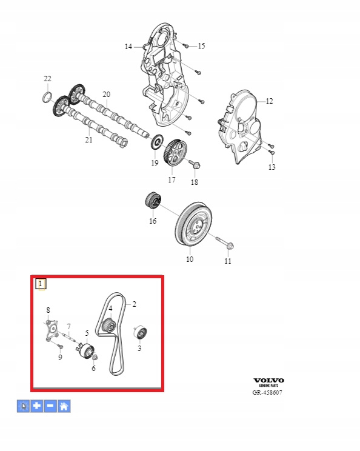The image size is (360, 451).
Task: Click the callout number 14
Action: pos(128,46)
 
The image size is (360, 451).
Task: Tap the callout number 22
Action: pos(47,79)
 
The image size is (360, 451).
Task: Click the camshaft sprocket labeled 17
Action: pos(175,152)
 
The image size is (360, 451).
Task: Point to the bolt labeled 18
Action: pos(195,164)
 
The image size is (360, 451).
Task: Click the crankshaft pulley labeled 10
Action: pos(194,224)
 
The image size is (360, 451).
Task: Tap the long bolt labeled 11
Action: pos(224,242)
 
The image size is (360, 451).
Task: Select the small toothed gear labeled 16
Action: pos(153,201)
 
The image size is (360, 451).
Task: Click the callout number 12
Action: pos(269,101)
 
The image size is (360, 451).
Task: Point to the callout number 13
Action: pos(272,167)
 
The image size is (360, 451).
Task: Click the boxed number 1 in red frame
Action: pos(41,284)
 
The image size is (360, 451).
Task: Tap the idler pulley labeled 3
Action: pos(141,333)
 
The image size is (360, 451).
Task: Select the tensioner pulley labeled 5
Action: pos(86,350)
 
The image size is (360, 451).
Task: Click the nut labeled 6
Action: pos(95,358)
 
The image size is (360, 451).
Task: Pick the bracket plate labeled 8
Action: pos(52,330)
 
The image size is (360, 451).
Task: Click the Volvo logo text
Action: pos(268,381)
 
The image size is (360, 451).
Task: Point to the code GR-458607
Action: pos(267,392)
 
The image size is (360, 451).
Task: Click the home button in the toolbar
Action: pos(64,406)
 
